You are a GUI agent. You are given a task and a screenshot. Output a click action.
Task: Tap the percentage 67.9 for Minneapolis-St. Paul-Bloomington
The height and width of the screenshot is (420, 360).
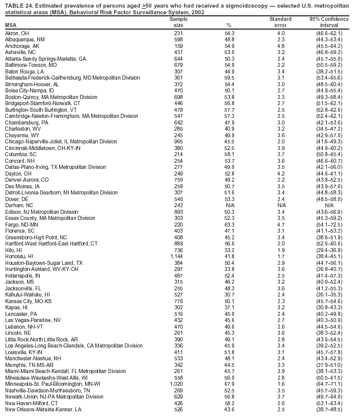click(229, 383)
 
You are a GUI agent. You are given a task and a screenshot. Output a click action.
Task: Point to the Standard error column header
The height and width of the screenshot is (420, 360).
click(280, 22)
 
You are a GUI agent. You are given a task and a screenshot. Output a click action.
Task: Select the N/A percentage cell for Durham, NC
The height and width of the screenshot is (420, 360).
click(229, 205)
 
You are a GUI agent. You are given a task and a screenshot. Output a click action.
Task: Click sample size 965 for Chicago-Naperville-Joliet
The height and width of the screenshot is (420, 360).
click(178, 141)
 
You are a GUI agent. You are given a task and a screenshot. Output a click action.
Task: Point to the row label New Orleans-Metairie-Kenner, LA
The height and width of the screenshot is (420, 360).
click(43, 409)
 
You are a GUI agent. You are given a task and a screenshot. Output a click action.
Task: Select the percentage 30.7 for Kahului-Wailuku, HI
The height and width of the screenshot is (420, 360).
click(229, 294)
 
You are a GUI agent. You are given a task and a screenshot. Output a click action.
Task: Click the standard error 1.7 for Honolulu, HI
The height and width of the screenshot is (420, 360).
click(280, 256)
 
